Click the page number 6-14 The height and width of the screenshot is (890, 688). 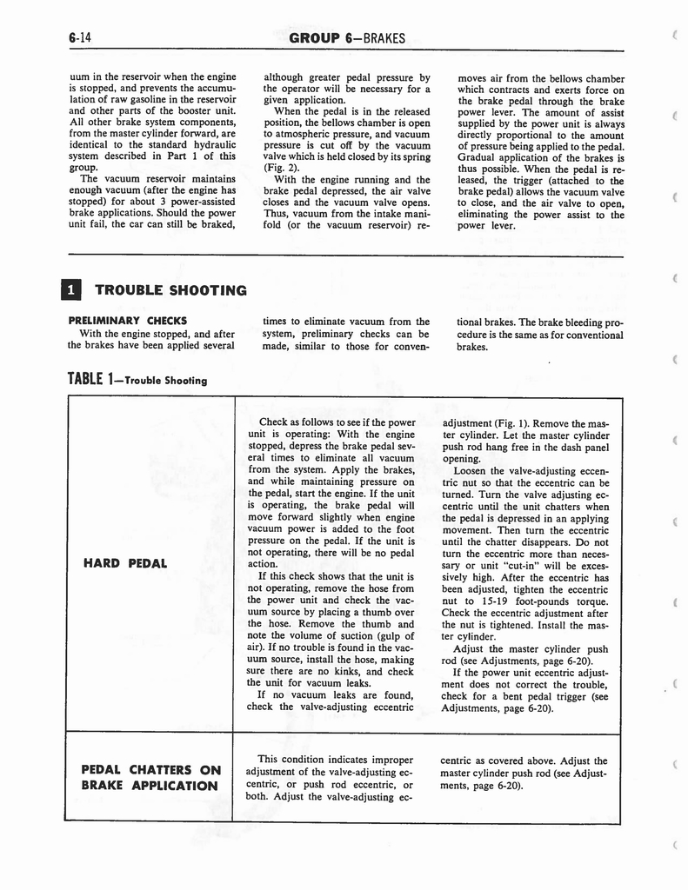point(78,37)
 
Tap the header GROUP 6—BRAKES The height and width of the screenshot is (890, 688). point(347,37)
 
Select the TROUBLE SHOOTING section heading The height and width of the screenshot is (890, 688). point(170,290)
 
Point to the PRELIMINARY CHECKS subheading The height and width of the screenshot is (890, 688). point(127,321)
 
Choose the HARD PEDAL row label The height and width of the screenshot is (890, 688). point(124,563)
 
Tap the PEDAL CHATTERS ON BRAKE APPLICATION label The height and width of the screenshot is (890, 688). point(149,777)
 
